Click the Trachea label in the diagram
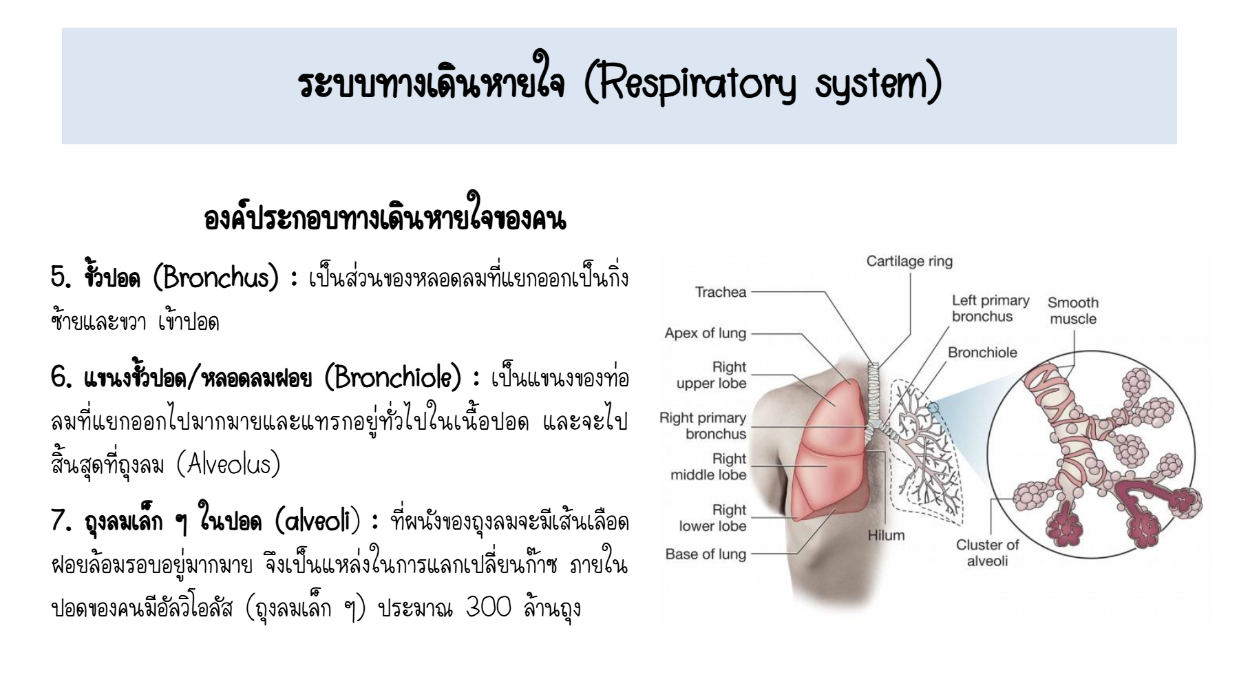pos(720,292)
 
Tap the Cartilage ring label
pos(909,262)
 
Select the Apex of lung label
pos(705,333)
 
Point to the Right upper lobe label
pos(711,375)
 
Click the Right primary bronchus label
pos(703,426)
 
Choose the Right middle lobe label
pos(708,466)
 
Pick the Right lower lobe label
pos(712,517)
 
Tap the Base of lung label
pos(706,554)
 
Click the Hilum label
pos(886,535)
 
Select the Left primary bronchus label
pos(991,309)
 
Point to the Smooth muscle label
pos(1073,311)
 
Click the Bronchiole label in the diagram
pos(982,353)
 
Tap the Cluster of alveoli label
pos(987,552)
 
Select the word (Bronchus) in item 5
pos(215,278)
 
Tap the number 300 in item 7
pos(488,607)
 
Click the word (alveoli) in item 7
pos(317,521)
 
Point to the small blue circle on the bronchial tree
pos(933,408)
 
